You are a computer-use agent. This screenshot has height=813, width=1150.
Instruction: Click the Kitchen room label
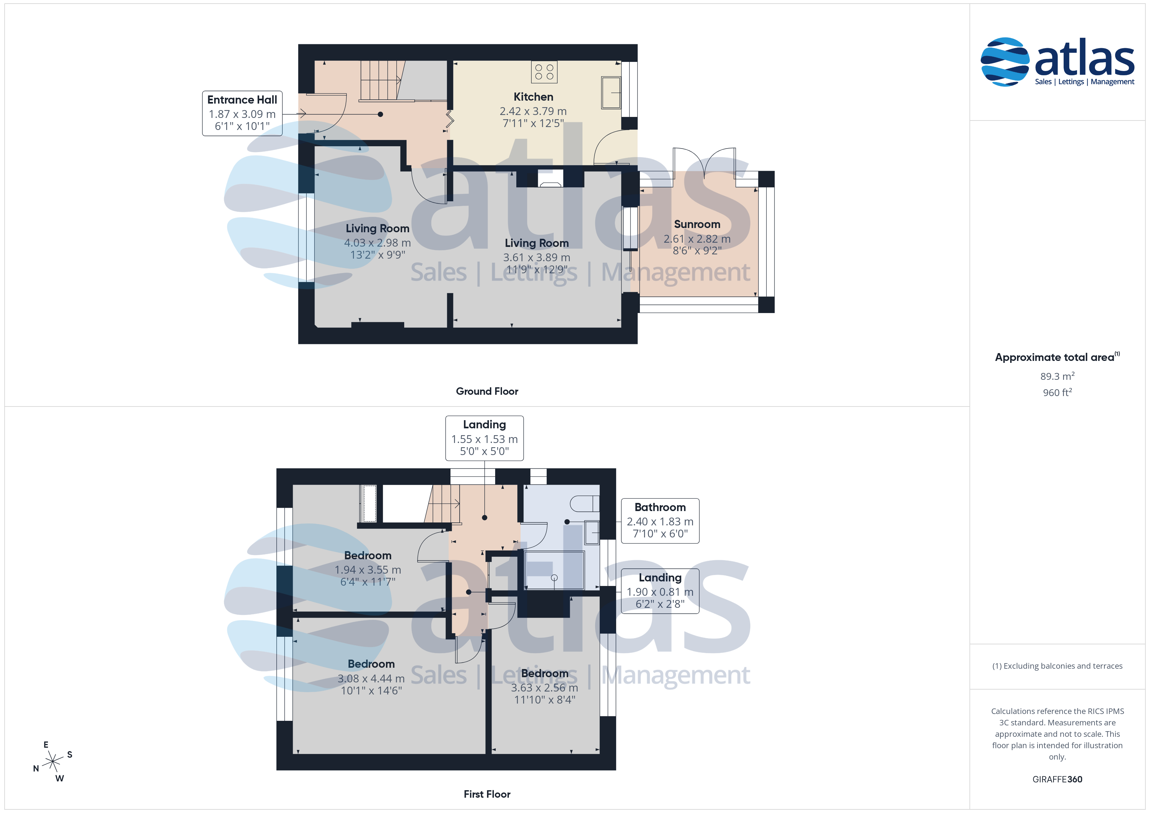tap(533, 97)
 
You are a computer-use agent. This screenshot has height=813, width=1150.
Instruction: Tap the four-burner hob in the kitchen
tap(544, 72)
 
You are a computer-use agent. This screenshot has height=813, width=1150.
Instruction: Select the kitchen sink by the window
tap(611, 93)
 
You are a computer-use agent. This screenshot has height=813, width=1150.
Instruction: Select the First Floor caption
tap(487, 794)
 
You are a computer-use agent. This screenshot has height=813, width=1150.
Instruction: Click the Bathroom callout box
tap(660, 521)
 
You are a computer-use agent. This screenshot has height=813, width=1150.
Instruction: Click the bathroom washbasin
tap(592, 533)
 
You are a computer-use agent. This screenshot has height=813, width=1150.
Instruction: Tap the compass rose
tap(52, 762)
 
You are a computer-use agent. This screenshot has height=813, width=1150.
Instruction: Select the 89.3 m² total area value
tap(1057, 376)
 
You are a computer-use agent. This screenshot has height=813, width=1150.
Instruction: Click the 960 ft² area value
tap(1057, 392)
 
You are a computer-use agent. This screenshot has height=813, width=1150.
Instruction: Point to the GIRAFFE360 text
tap(1057, 779)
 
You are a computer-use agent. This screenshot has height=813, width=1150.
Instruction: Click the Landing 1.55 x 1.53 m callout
tap(484, 438)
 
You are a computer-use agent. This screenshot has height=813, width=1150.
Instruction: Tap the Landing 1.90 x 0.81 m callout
tap(660, 591)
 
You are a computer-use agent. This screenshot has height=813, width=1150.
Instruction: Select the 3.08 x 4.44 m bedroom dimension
tap(371, 679)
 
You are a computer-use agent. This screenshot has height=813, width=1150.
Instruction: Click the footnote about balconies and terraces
tap(1057, 666)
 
